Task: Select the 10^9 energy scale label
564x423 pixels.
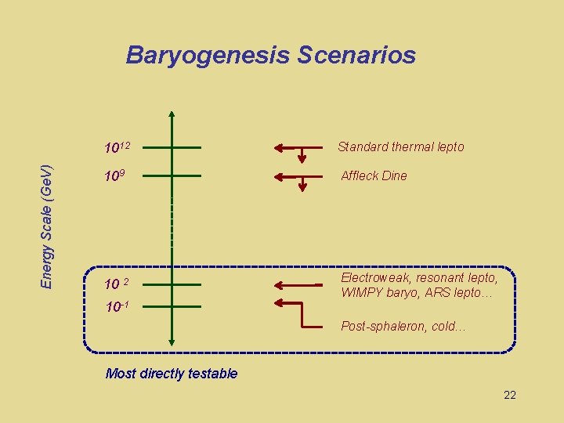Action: click(x=114, y=176)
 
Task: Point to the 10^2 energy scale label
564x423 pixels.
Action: click(x=117, y=283)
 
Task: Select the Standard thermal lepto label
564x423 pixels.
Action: click(x=400, y=146)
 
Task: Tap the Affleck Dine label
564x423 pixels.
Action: click(x=374, y=175)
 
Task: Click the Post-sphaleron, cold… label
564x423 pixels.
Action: click(x=403, y=327)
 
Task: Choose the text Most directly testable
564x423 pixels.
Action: click(x=171, y=374)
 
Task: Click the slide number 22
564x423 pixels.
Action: click(x=509, y=395)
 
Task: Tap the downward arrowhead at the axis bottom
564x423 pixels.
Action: click(x=172, y=340)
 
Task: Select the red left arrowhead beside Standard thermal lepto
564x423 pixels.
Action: click(x=280, y=147)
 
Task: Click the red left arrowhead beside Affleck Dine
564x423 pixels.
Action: click(x=280, y=176)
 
